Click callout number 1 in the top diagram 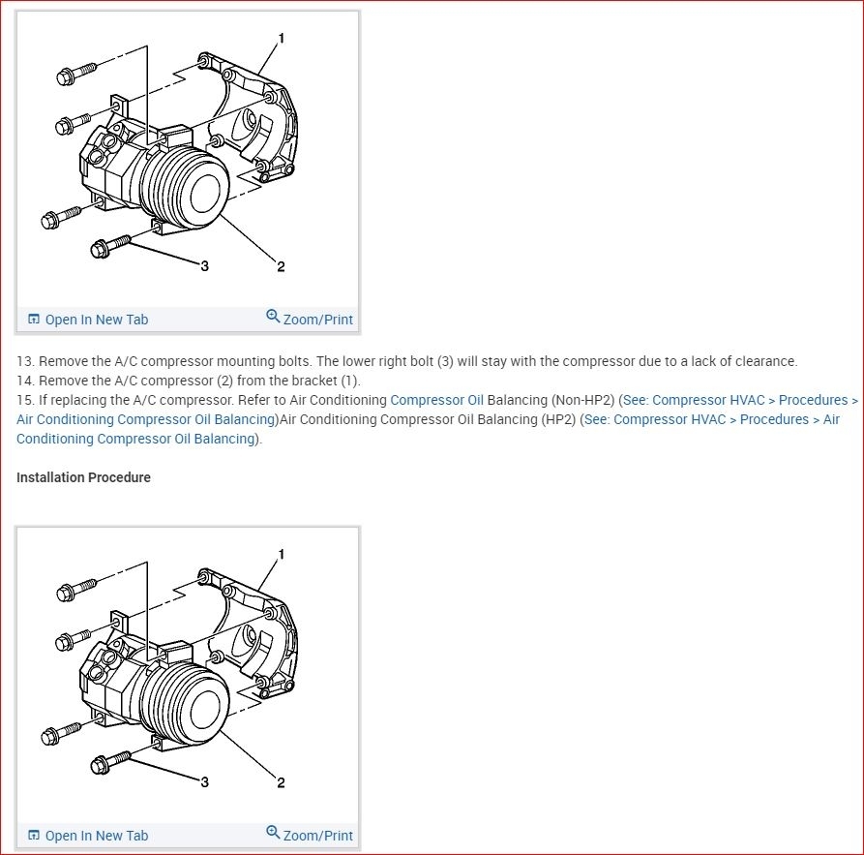(x=281, y=39)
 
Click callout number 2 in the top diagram (x=281, y=266)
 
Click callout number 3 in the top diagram (x=204, y=265)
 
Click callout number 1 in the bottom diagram (x=281, y=555)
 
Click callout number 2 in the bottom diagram (x=281, y=782)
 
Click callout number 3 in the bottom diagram (x=204, y=781)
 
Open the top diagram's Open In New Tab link (x=96, y=320)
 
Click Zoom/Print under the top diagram (x=317, y=320)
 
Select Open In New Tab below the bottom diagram (x=96, y=836)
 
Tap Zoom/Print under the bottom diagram (x=317, y=836)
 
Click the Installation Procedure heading (x=83, y=477)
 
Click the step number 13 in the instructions (x=25, y=361)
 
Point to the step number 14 (x=25, y=381)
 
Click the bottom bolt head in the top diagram (x=100, y=250)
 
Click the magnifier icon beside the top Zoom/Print (x=273, y=317)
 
